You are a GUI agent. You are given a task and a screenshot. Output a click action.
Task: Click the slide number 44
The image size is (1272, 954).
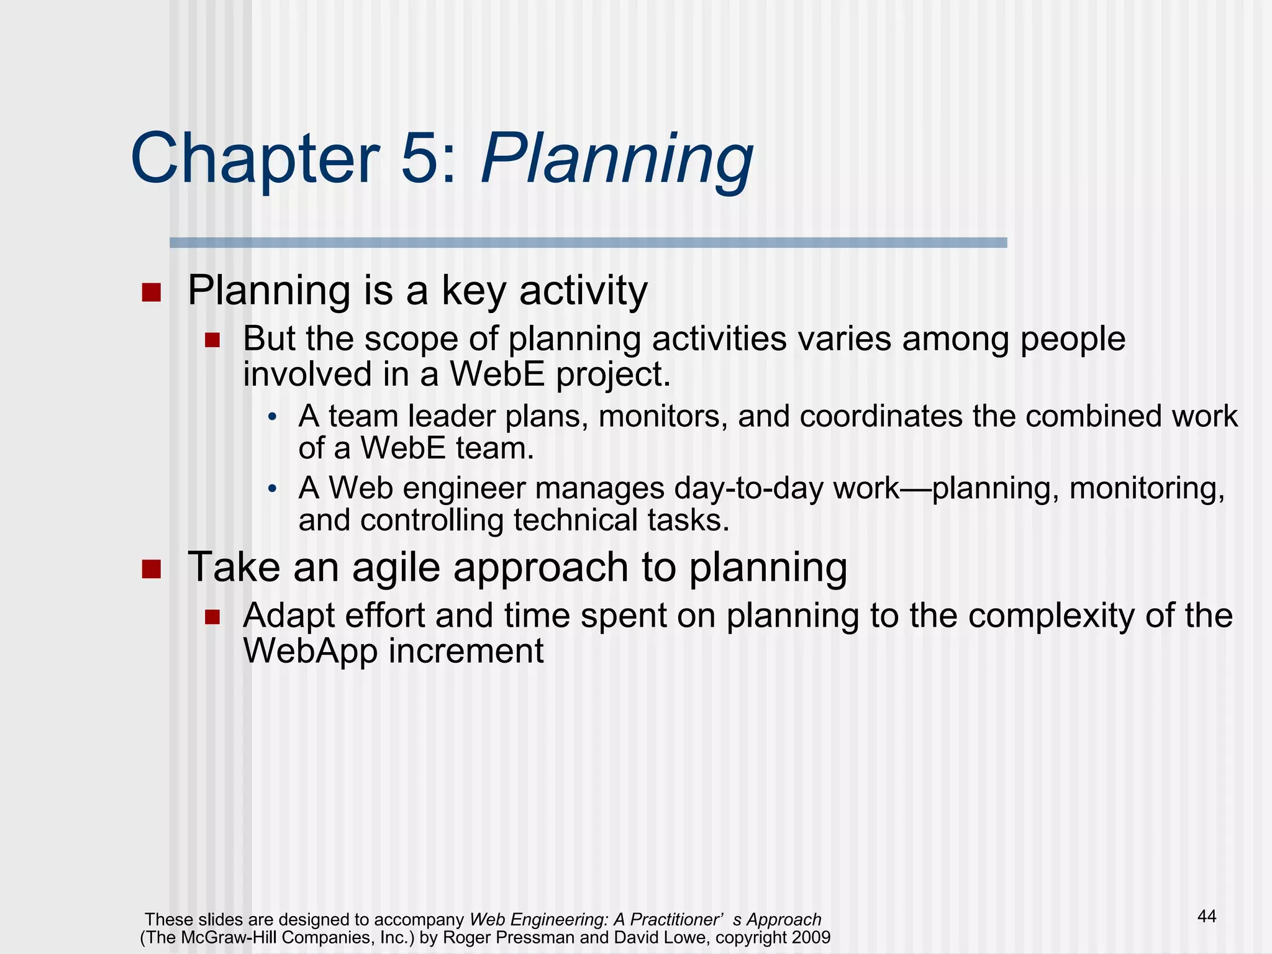click(1206, 916)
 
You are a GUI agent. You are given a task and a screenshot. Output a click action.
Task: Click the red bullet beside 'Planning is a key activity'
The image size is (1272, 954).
click(151, 292)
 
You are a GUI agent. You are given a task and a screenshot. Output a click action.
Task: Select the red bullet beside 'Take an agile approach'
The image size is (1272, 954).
click(151, 569)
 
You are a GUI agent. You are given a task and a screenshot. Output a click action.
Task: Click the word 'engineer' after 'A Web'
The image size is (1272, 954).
click(465, 488)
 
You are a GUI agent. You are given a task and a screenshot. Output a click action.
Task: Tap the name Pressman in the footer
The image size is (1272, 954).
click(535, 937)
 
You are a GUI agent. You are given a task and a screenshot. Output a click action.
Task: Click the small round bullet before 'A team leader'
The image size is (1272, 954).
click(272, 417)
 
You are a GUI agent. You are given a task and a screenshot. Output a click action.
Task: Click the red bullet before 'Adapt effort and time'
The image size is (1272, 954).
click(213, 617)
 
